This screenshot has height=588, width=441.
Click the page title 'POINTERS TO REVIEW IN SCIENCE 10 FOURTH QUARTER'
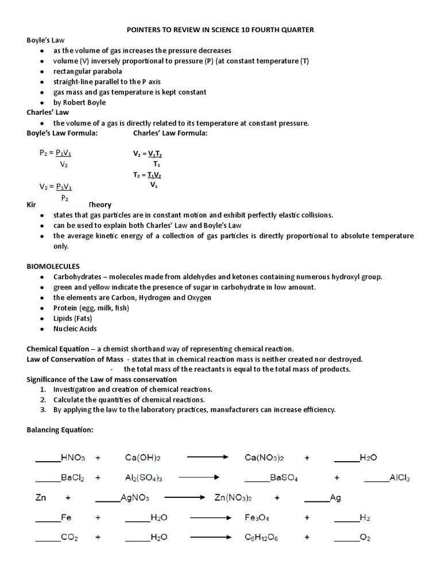[220, 30]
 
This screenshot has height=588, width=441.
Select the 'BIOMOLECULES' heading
[53, 266]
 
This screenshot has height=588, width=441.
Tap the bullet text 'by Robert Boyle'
[79, 102]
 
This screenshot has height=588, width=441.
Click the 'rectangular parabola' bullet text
[87, 71]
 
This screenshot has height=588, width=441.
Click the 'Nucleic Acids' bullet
[75, 328]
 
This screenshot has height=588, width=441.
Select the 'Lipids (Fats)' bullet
[73, 318]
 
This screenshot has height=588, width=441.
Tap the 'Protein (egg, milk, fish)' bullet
[91, 308]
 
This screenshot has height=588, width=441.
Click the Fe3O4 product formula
[257, 518]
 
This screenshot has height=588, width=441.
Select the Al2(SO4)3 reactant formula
[146, 478]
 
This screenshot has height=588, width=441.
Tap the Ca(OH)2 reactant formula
[142, 458]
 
